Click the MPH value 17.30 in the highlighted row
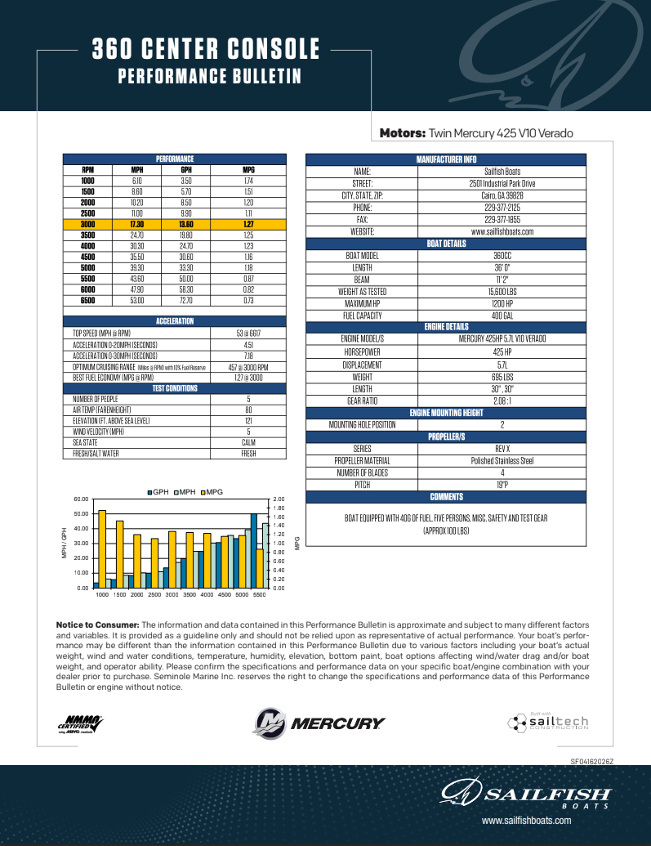tap(137, 224)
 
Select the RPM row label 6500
tap(87, 300)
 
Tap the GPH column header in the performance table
tap(185, 169)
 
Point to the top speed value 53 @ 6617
tap(248, 333)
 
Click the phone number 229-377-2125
tap(502, 208)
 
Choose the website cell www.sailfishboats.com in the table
tap(502, 231)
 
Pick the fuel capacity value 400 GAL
tap(502, 315)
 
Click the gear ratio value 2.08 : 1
tap(502, 401)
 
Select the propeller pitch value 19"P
tap(502, 485)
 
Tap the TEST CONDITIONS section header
tap(175, 388)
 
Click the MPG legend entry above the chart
tap(212, 491)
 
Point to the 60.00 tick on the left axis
tap(81, 499)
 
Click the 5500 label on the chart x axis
tap(260, 595)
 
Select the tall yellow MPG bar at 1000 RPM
tap(102, 548)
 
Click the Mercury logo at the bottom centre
tap(319, 723)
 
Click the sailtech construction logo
tap(547, 722)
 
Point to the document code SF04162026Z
tap(591, 761)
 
